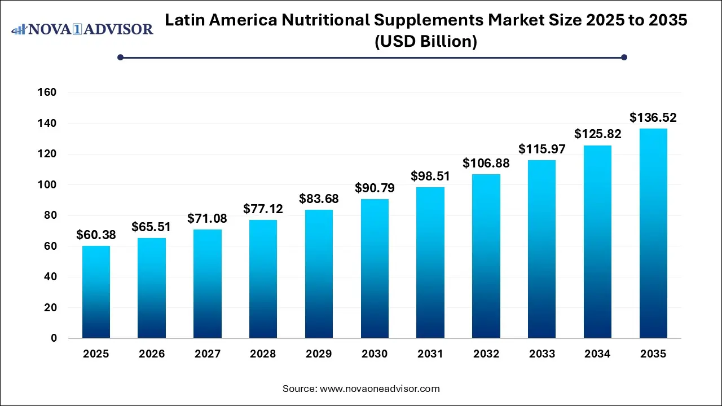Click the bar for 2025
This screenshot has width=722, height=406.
96,292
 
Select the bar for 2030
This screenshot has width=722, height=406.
375,268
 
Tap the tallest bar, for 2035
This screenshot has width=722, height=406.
653,233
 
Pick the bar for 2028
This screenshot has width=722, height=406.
263,279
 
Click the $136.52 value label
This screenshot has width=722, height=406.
653,118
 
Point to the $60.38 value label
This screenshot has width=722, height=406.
96,235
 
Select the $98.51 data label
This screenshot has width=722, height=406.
430,176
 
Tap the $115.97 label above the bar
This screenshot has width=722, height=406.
541,149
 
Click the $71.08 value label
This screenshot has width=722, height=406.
208,218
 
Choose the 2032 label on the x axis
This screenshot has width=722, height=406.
486,354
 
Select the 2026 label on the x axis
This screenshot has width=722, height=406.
152,354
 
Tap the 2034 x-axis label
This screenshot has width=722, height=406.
597,354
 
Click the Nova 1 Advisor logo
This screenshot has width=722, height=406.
82,29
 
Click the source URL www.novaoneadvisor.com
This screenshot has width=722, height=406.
380,389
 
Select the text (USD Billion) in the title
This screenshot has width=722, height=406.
426,41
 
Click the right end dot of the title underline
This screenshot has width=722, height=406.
624,57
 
